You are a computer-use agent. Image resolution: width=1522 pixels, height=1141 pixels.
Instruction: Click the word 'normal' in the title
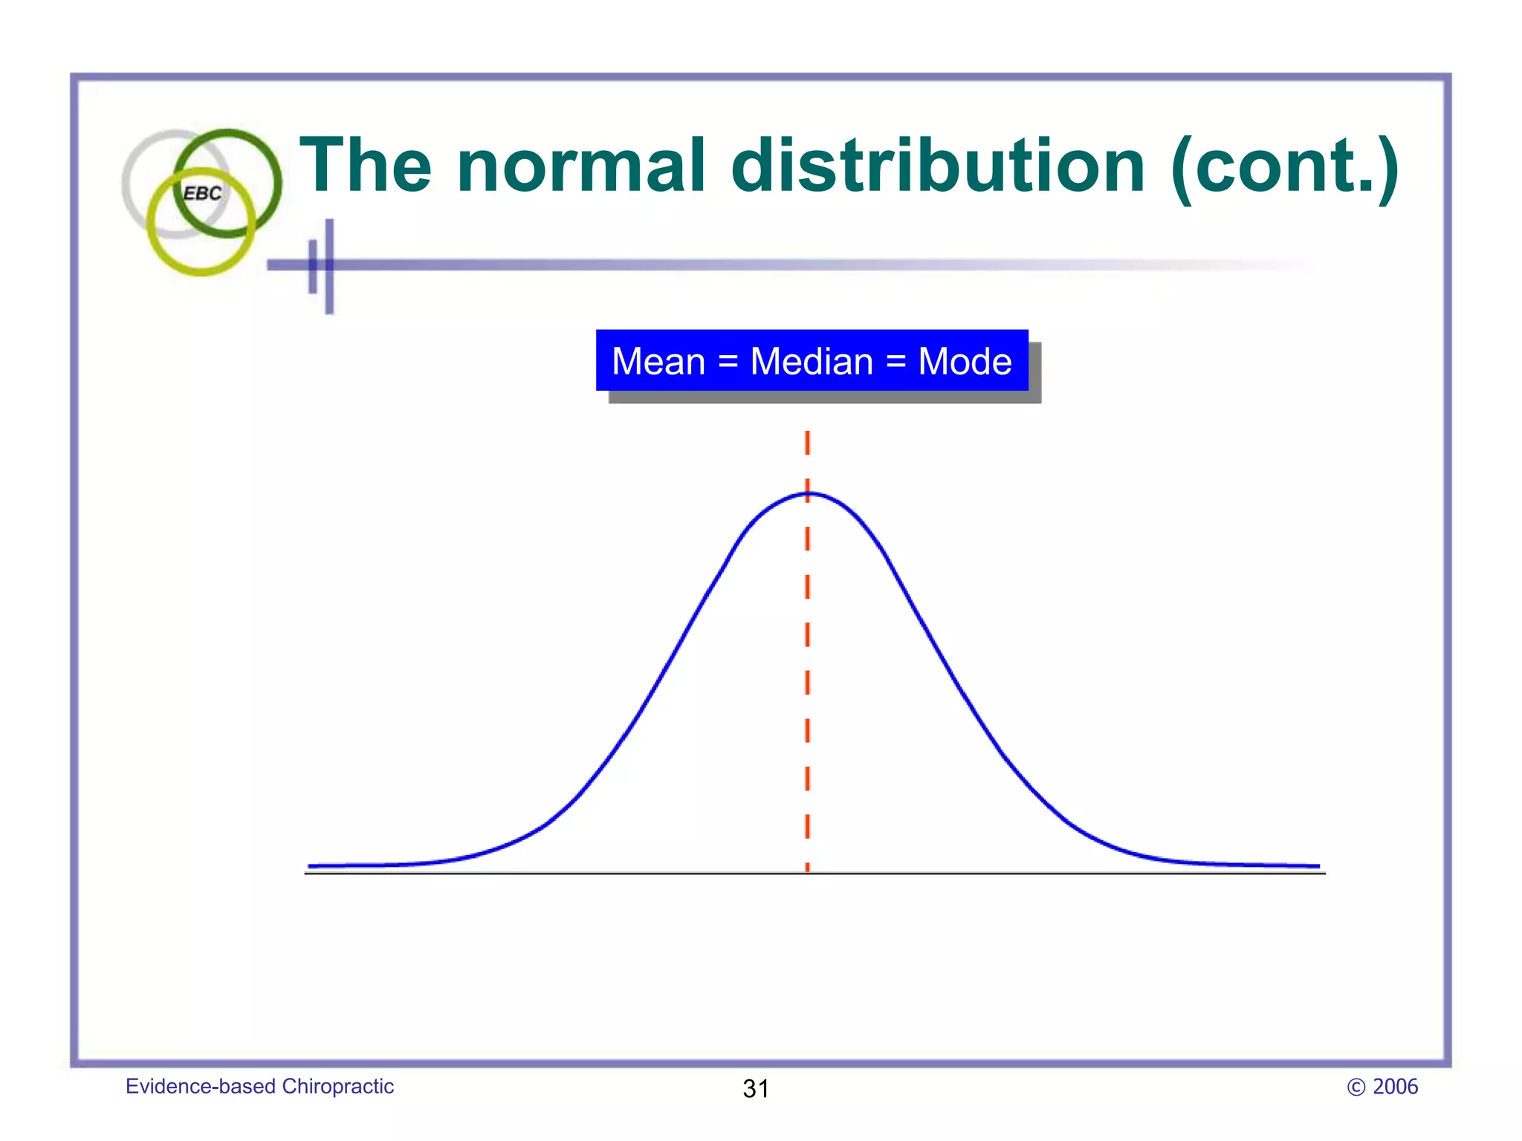[580, 166]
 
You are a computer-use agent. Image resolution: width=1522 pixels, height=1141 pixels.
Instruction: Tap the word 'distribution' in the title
[938, 166]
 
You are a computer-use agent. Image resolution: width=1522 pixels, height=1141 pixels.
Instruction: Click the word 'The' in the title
[365, 166]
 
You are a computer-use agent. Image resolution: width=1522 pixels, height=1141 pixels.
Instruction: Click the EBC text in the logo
[202, 193]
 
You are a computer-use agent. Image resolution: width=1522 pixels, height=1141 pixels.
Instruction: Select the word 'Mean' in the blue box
[658, 362]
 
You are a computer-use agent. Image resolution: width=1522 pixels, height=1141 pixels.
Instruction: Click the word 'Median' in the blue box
[812, 362]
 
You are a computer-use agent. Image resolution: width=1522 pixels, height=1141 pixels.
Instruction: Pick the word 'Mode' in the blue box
[965, 362]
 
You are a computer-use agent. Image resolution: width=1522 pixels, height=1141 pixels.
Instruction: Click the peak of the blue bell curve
[808, 493]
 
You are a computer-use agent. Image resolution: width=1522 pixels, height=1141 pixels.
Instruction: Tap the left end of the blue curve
[311, 865]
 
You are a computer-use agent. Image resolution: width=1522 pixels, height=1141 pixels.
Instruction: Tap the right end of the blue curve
[1317, 865]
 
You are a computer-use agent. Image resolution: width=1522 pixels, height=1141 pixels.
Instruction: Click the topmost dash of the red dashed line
[807, 443]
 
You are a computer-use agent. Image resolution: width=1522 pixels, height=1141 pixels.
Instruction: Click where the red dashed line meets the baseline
[807, 872]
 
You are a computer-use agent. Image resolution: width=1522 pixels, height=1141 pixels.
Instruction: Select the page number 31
[756, 1088]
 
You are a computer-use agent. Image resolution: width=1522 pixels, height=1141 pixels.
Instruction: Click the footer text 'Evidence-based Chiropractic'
[259, 1086]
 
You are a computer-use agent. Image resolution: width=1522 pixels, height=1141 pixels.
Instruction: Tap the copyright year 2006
[1395, 1087]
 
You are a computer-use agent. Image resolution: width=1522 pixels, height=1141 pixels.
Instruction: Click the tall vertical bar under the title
[329, 266]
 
